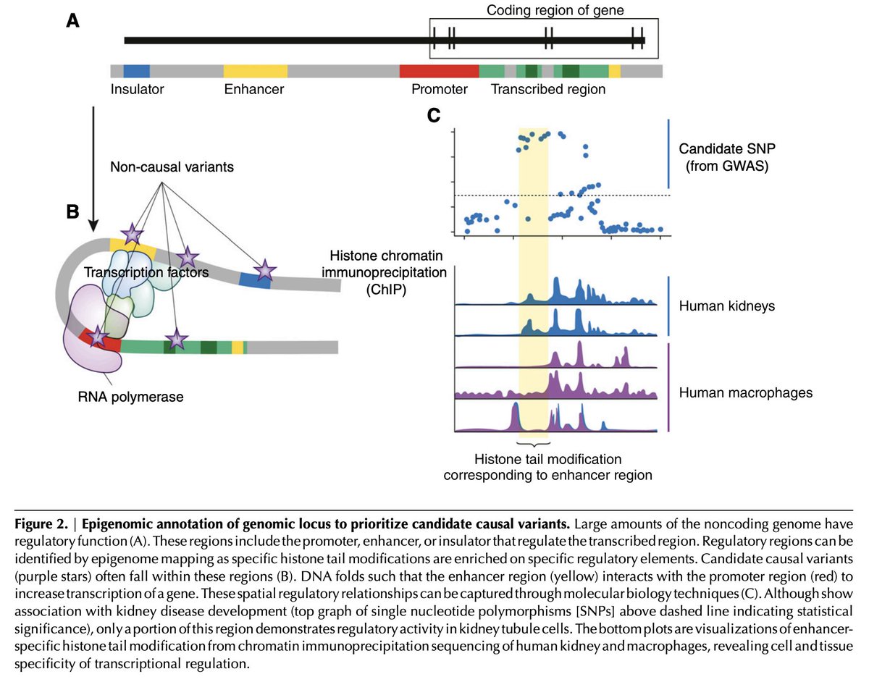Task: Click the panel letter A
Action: (72, 22)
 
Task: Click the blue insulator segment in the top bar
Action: (136, 71)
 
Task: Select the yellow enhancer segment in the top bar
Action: (255, 71)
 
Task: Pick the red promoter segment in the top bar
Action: (439, 71)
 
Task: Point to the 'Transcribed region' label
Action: (547, 90)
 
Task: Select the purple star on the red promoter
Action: (98, 335)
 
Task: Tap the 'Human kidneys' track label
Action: (726, 306)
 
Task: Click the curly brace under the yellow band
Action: (534, 442)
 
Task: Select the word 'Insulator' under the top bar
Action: (138, 90)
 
